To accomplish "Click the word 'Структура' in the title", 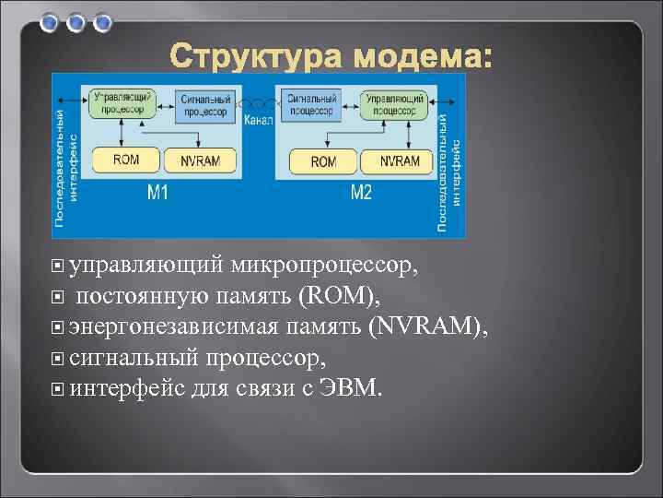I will point(262,57).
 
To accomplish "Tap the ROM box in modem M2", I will point(323,161).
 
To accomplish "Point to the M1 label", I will point(158,192).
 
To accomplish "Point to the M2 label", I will point(361,192).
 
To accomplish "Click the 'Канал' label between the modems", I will point(261,122).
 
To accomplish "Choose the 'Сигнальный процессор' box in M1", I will point(204,104).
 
